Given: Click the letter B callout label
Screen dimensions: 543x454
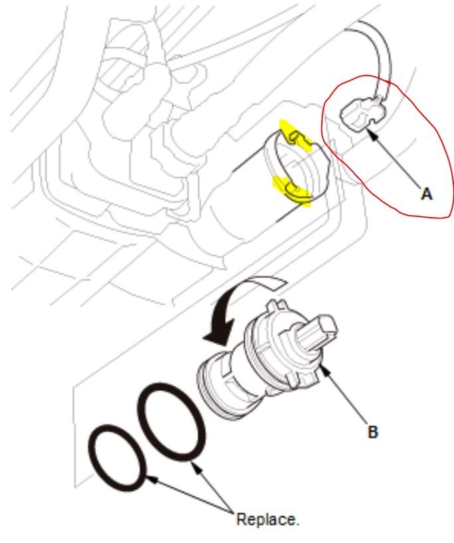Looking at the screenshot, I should pyautogui.click(x=373, y=431).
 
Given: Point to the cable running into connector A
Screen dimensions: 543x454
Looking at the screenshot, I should pyautogui.click(x=382, y=60).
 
